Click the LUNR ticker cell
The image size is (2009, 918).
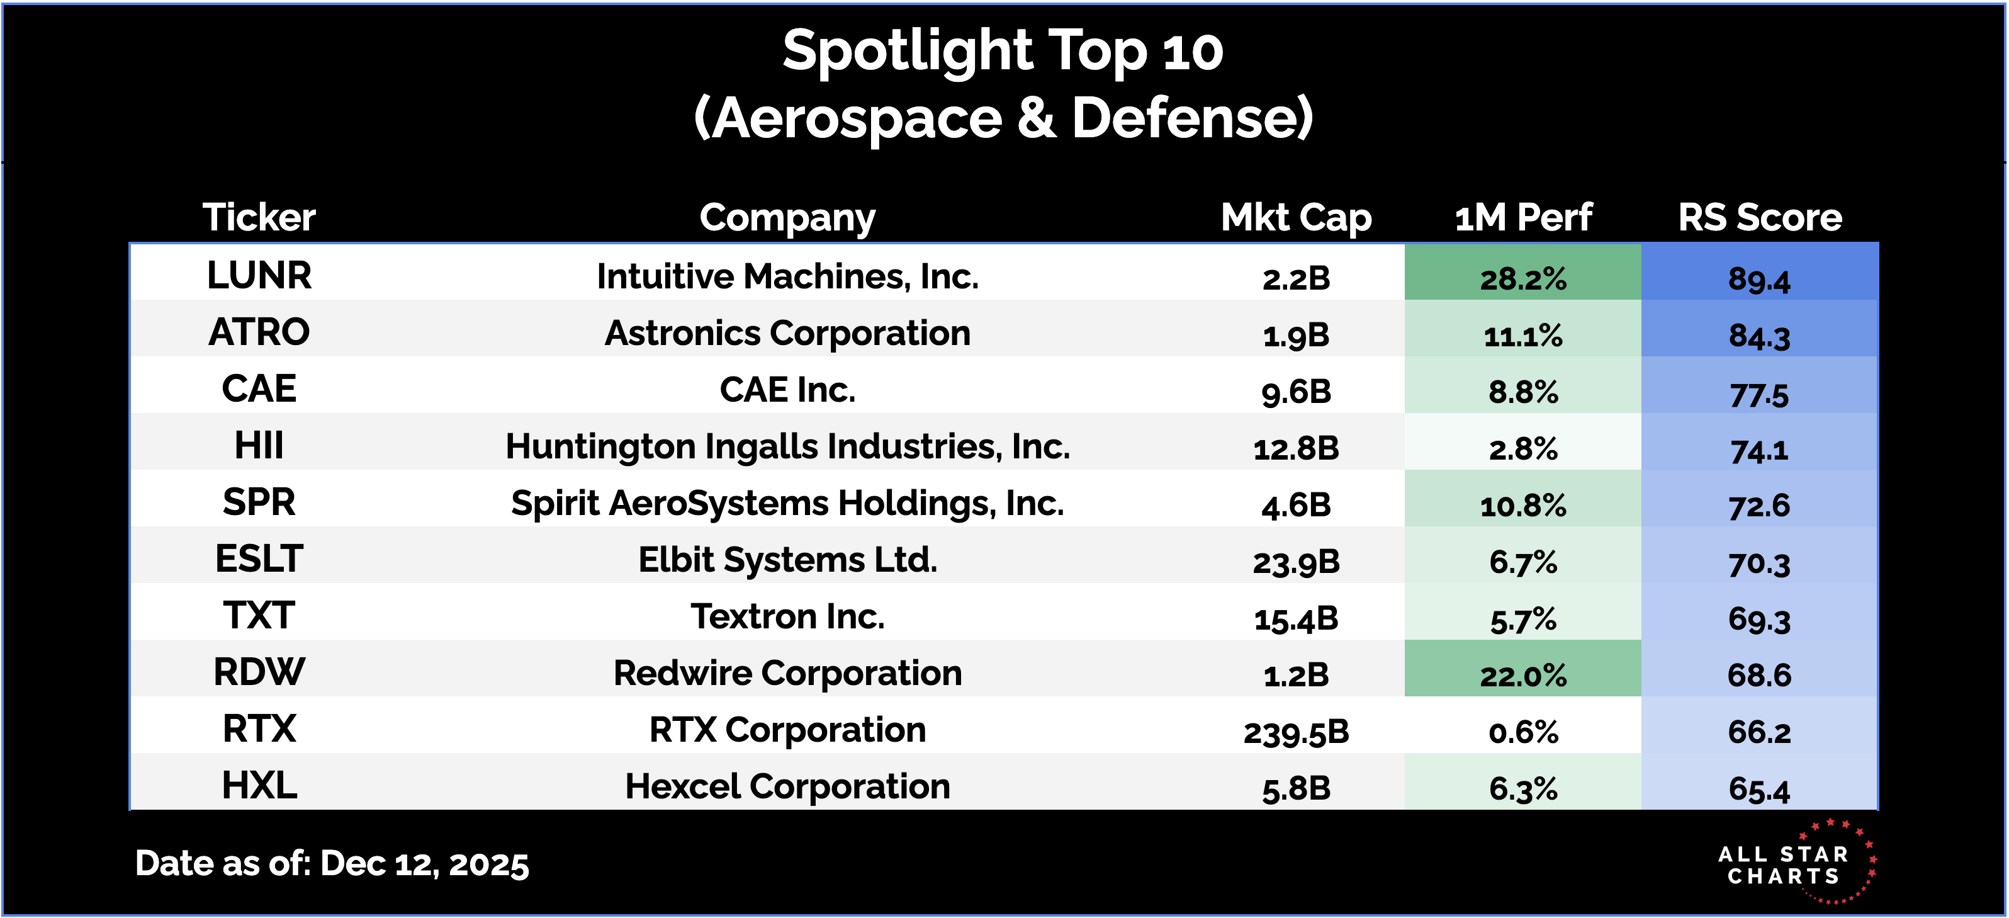[x=259, y=275]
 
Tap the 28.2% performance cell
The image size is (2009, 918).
[x=1523, y=278]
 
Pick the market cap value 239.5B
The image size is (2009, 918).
[x=1296, y=732]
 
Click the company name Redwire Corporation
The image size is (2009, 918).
[x=788, y=673]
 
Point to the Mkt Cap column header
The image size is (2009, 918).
[x=1296, y=218]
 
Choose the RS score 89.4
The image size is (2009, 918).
[x=1759, y=279]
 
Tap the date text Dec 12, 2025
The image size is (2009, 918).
[x=425, y=863]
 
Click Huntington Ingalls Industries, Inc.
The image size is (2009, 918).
[x=788, y=447]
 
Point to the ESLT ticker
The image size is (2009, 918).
[x=259, y=559]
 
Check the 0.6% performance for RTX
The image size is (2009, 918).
[x=1523, y=732]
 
